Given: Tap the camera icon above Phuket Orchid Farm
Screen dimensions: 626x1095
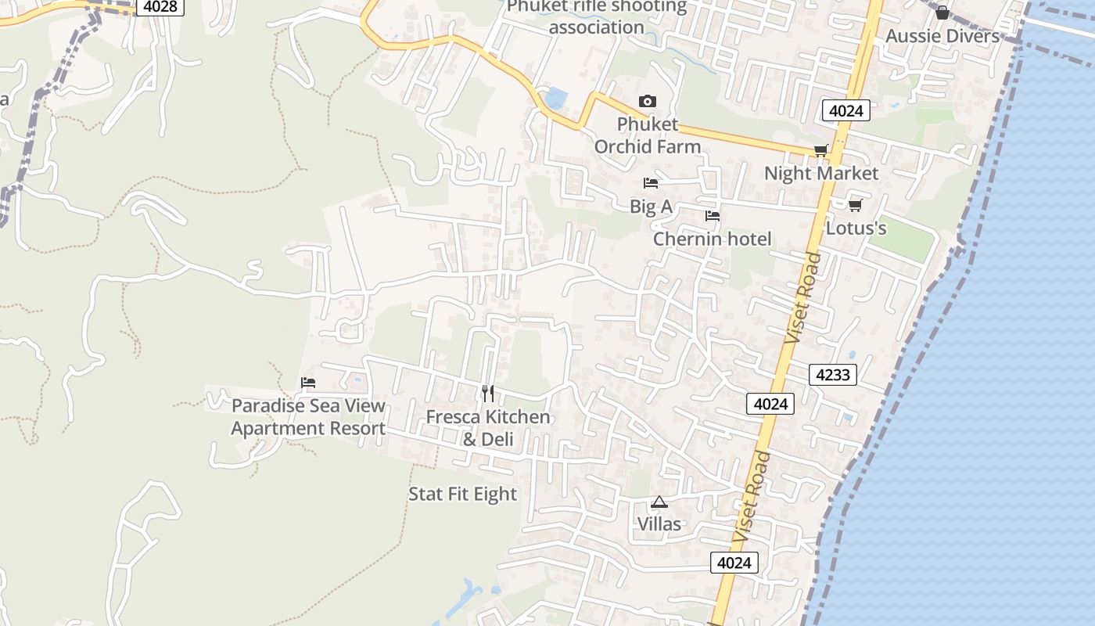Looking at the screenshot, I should [x=647, y=101].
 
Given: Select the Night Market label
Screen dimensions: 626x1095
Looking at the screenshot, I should [x=821, y=173].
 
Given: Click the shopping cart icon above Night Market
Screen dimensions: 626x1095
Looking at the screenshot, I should [x=820, y=150].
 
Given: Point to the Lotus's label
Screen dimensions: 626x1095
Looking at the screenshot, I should [x=856, y=228].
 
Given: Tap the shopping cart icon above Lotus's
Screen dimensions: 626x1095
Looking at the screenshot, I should [x=855, y=205].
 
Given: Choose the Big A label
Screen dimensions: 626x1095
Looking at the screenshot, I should [x=651, y=206].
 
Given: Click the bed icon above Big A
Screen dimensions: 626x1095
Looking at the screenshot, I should [x=650, y=183].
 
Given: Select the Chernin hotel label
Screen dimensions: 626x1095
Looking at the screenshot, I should [x=712, y=239].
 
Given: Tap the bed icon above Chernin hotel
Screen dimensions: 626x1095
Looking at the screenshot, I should [x=712, y=216].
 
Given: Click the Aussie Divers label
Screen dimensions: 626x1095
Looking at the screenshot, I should [x=942, y=36].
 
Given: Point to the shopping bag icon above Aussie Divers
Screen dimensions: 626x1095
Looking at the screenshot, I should [x=942, y=13].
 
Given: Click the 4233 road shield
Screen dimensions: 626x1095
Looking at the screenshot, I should [x=832, y=375].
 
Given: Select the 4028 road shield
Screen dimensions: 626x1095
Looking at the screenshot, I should [x=160, y=7].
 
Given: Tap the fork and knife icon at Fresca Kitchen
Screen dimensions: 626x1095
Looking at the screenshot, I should [x=487, y=393].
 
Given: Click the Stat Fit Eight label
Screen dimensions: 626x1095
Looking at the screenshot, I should [x=462, y=494].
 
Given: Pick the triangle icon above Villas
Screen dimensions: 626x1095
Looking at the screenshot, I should [x=659, y=502].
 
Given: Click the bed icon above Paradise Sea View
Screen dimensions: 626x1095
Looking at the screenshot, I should [x=308, y=383].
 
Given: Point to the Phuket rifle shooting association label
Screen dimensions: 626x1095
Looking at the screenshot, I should [x=596, y=17].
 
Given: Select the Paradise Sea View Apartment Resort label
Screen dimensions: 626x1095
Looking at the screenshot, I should [x=308, y=417].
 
